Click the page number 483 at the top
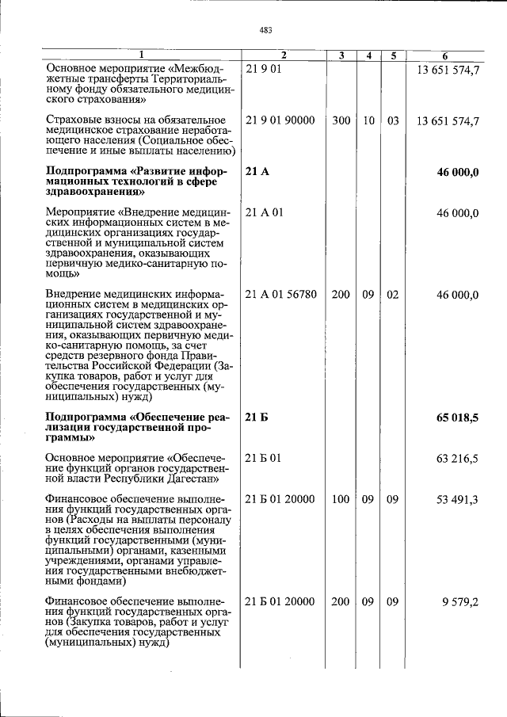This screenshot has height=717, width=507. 265,30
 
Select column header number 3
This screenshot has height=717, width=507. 341,55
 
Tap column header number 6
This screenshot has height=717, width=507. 445,55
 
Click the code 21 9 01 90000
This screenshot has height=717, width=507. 280,120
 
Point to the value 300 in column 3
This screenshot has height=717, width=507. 341,120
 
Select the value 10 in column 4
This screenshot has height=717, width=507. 368,120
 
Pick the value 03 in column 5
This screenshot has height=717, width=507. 393,120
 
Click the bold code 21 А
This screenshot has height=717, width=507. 257,172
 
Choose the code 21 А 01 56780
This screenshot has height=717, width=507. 281,294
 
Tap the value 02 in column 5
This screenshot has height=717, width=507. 393,294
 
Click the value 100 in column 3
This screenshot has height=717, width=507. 341,498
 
